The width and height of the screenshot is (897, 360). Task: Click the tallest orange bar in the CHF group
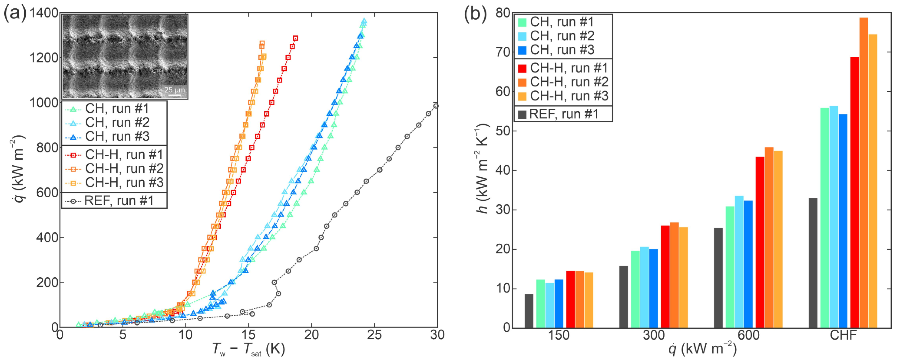pos(864,172)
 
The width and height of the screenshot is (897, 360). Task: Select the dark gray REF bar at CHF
pos(813,263)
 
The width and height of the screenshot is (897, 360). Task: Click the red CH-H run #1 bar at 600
pos(760,242)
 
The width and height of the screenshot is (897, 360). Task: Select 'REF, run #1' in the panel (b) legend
pos(563,114)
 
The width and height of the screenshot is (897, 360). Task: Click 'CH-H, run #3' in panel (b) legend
pos(569,96)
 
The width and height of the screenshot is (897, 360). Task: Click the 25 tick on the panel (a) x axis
pos(374,335)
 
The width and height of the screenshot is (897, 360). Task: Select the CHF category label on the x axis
pos(843,335)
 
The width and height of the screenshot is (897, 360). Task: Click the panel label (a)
pos(15,14)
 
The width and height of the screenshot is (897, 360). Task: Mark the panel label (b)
pos(475,14)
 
